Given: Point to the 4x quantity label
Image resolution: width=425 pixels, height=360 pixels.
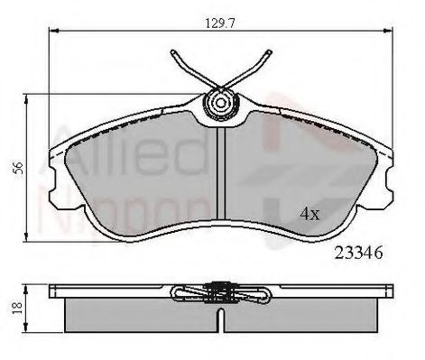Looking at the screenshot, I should pyautogui.click(x=310, y=214).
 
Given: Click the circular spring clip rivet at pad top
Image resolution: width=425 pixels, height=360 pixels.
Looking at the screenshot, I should pyautogui.click(x=218, y=104).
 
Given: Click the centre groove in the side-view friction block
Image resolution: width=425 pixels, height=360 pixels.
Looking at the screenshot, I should pyautogui.click(x=218, y=316).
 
